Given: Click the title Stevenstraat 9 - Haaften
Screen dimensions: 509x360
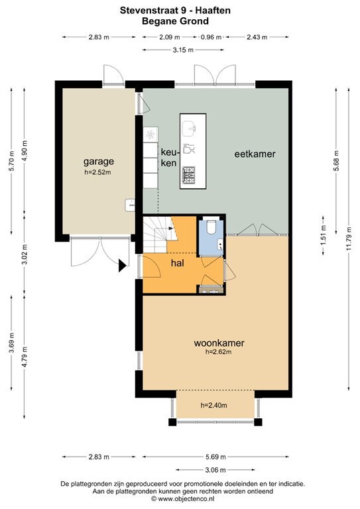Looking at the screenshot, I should (x=180, y=11).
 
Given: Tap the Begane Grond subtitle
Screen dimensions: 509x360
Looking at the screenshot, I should (x=180, y=21).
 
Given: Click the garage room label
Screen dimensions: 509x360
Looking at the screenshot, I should (x=99, y=161).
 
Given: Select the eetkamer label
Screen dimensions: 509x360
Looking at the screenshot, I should (x=255, y=154).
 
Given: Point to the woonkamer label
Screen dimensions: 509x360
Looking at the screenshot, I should (x=219, y=343).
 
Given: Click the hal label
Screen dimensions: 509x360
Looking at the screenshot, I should (x=177, y=263).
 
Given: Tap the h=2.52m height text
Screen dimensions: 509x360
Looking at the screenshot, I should (x=98, y=172).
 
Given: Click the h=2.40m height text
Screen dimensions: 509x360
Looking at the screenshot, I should (x=214, y=406).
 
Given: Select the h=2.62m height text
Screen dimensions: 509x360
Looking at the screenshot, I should (x=219, y=353).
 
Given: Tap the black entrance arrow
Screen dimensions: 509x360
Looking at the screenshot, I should (x=122, y=266).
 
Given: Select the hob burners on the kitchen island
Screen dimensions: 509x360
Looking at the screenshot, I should (x=188, y=174).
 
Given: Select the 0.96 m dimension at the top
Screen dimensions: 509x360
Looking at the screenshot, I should (x=210, y=37).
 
